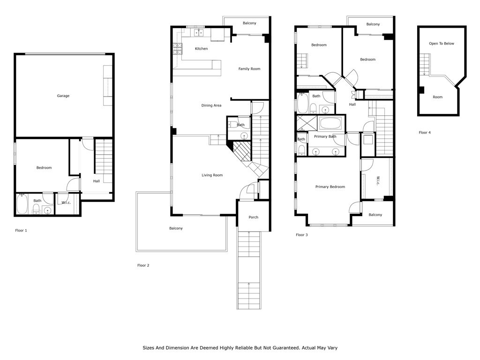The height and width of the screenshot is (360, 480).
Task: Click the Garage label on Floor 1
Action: coord(63,96)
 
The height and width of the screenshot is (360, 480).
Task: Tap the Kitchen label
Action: coord(201,49)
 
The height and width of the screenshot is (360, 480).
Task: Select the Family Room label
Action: coord(249,69)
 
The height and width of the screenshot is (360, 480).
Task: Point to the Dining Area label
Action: coord(211,105)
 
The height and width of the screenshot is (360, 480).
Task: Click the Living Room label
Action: coord(212,175)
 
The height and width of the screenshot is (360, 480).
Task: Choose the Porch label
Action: coord(253,217)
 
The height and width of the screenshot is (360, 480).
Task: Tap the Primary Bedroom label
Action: coord(330,187)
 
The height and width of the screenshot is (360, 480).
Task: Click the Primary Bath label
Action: coord(325,136)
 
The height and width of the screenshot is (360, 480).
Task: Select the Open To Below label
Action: coord(442,44)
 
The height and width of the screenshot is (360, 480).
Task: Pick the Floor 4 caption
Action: coord(425,133)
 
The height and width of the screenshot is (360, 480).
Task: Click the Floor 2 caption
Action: coord(143,265)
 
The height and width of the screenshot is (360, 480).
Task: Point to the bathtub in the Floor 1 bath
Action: coord(22,204)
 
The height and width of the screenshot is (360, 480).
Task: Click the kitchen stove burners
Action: coord(178,49)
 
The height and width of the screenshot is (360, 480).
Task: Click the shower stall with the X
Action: coord(306,123)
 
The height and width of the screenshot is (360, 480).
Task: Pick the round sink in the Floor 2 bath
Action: coord(244,135)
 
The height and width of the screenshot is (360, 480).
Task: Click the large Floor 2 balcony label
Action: coord(176,228)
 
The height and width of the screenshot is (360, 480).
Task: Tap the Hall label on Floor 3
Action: coord(352,105)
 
